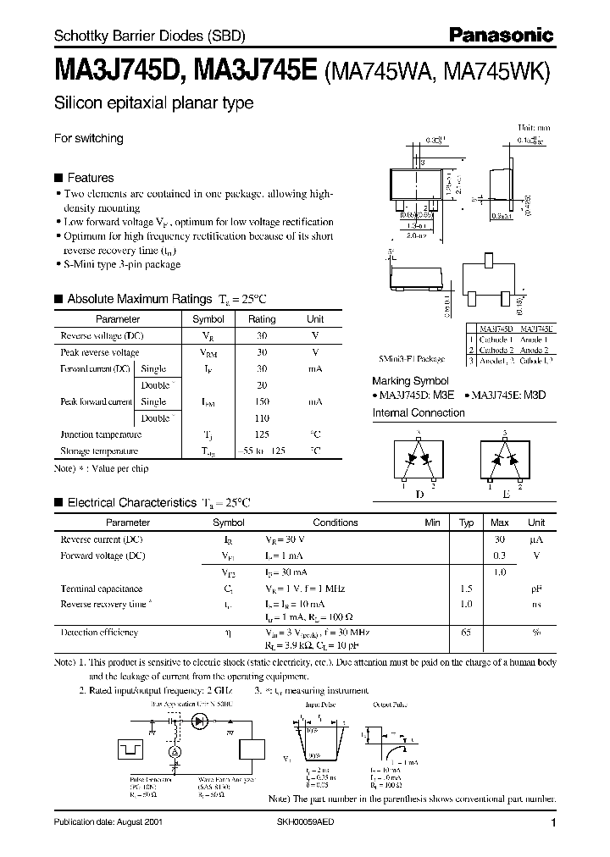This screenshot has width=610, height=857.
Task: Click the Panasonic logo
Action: pos(501,35)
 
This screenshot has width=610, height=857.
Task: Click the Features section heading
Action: pos(90,178)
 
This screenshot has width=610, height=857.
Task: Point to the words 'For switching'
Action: pos(89,138)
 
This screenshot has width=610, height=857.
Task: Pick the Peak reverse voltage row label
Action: pos(100,352)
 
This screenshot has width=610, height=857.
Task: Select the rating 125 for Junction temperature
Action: pos(262,434)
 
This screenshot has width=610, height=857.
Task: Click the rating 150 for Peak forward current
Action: pos(262,401)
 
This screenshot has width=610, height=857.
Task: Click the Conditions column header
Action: pos(335,522)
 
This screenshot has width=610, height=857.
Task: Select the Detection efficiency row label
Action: pos(99,633)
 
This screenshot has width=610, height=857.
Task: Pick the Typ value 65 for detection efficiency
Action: pos(465,633)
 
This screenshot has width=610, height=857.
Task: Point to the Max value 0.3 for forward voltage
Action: pos(500,556)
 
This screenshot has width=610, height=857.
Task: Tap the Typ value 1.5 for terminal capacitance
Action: pos(465,588)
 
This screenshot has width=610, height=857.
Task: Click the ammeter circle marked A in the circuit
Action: pos(176,751)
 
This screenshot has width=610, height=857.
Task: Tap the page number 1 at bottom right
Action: pos(552,823)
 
